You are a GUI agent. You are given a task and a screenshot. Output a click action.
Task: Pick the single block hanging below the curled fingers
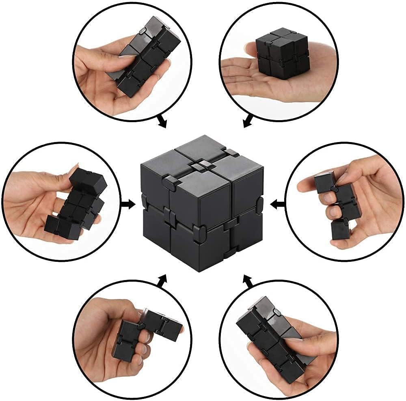tap(340, 229)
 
